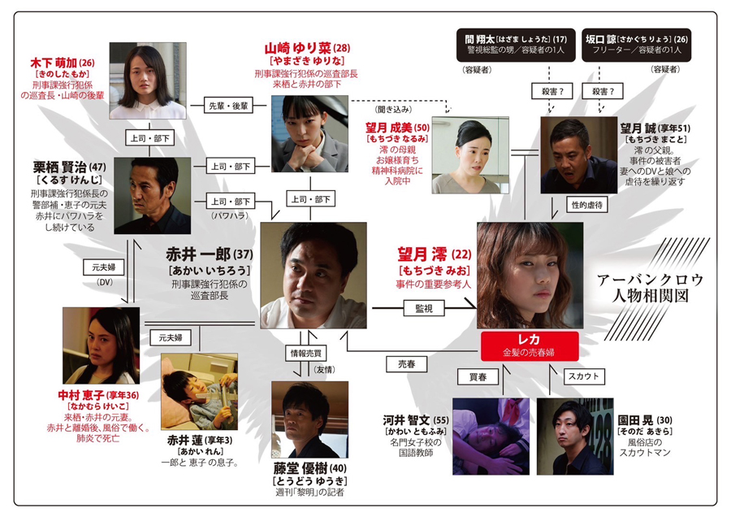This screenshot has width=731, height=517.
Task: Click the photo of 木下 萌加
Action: click(148, 80)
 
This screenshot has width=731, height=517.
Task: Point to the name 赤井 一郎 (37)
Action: click(210, 254)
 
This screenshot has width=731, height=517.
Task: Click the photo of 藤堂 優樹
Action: click(309, 419)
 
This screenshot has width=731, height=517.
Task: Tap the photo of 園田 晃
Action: click(576, 436)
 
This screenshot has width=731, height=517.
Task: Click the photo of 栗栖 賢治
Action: click(147, 195)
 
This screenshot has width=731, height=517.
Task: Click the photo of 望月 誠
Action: click(579, 155)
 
